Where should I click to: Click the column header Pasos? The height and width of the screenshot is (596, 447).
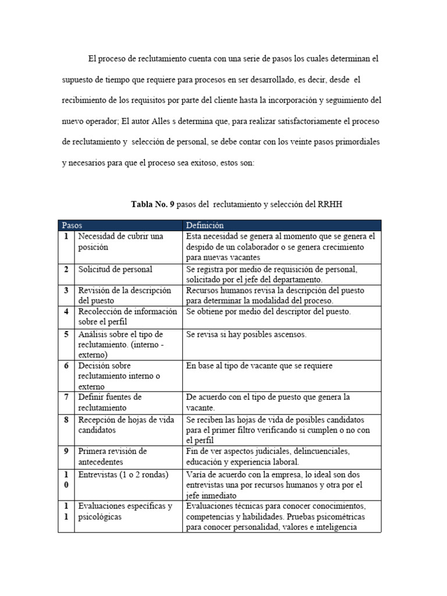pyautogui.click(x=72, y=225)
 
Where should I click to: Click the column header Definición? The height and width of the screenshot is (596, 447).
pyautogui.click(x=204, y=225)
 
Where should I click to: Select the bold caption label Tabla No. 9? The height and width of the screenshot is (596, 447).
pyautogui.click(x=152, y=204)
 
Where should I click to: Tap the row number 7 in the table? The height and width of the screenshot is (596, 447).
pyautogui.click(x=66, y=397)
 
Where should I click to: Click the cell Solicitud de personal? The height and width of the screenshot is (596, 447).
pyautogui.click(x=115, y=269)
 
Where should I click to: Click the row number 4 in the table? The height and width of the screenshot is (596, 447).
pyautogui.click(x=66, y=312)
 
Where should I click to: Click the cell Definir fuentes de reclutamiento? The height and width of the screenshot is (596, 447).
pyautogui.click(x=111, y=402)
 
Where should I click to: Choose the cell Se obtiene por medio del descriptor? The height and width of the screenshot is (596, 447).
pyautogui.click(x=268, y=312)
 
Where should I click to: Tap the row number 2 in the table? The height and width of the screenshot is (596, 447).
pyautogui.click(x=66, y=269)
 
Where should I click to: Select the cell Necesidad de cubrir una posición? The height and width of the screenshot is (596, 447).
pyautogui.click(x=120, y=242)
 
